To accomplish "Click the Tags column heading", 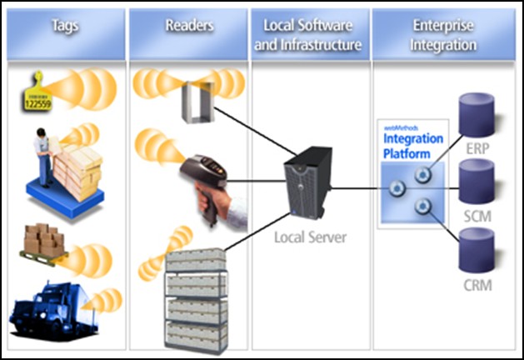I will pyautogui.click(x=65, y=25).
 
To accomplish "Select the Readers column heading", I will pyautogui.click(x=190, y=25).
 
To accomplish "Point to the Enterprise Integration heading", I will pyautogui.click(x=441, y=33).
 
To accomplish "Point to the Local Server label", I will pyautogui.click(x=310, y=237).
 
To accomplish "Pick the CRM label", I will pyautogui.click(x=477, y=286).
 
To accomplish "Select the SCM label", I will pyautogui.click(x=477, y=216).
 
